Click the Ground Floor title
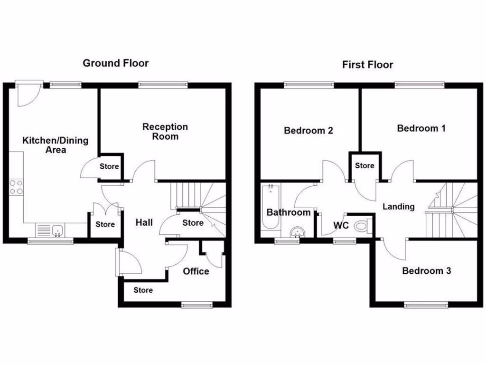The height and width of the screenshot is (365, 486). [x=115, y=63]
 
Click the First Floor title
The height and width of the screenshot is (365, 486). [x=367, y=65]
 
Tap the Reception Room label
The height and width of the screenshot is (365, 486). [x=165, y=132]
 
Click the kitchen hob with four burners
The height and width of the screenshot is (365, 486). [x=16, y=188]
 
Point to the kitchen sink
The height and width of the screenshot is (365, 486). [x=58, y=231]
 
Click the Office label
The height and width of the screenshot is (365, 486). [x=196, y=271]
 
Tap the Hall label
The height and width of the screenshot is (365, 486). [x=144, y=222]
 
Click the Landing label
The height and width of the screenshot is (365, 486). [x=399, y=207]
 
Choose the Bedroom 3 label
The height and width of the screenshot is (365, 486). [x=426, y=271]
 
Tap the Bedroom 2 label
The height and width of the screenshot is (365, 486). [x=308, y=130]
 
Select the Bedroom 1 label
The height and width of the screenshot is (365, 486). [x=421, y=128]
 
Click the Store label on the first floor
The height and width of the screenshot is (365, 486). [x=364, y=166]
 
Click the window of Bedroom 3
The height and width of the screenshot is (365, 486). [x=426, y=305]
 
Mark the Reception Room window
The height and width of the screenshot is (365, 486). [x=162, y=85]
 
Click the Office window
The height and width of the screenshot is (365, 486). [x=197, y=305]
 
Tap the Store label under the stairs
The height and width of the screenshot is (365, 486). [x=193, y=223]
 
